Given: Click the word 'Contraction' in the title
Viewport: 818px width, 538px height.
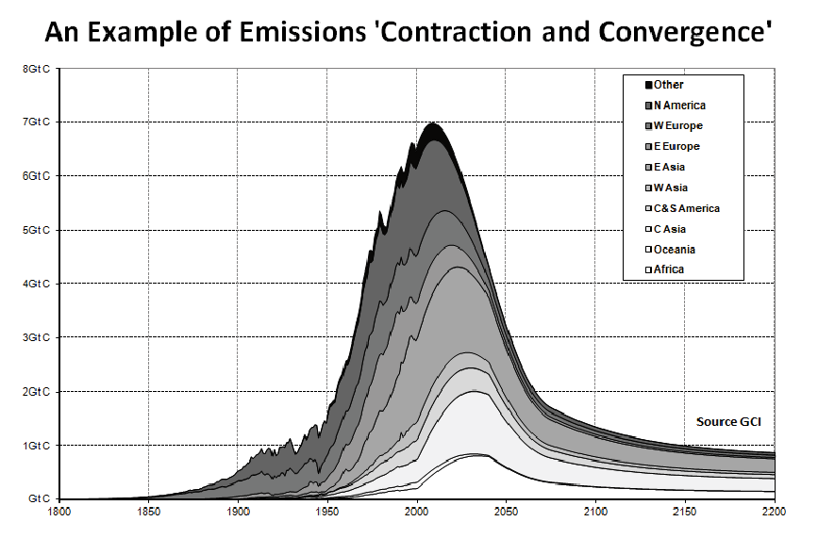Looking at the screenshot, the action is (457, 32).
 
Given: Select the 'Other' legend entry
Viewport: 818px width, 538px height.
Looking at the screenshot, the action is (664, 85).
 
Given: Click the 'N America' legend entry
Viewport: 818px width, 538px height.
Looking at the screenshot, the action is (675, 106).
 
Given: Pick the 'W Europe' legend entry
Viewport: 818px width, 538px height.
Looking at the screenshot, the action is (674, 126).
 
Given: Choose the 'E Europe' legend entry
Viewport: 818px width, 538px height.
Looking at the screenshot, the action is (672, 147).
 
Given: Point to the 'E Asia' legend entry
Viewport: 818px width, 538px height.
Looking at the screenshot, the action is (664, 167).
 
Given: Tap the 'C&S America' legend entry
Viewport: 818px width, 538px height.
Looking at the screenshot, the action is (682, 208).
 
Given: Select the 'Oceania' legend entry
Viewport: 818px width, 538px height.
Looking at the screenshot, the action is (670, 250).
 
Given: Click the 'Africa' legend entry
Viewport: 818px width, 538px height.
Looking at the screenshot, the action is (664, 269).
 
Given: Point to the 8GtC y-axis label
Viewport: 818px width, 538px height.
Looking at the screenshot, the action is (36, 68).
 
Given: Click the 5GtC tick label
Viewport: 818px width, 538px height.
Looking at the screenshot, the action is (36, 230).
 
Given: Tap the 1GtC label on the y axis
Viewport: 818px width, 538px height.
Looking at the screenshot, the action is (36, 446).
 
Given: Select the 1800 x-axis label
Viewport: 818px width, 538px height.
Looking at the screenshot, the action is (58, 512).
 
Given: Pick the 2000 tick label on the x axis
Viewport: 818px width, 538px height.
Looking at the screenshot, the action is (417, 512).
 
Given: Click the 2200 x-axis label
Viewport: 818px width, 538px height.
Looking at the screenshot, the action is (774, 512).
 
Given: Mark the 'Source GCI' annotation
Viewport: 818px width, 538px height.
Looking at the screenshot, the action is (728, 422).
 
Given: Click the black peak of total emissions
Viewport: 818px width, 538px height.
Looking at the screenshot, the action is (432, 124).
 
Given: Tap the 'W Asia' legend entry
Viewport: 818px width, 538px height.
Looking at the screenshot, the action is (666, 188).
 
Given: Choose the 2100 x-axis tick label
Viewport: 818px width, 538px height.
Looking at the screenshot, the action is (595, 512).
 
